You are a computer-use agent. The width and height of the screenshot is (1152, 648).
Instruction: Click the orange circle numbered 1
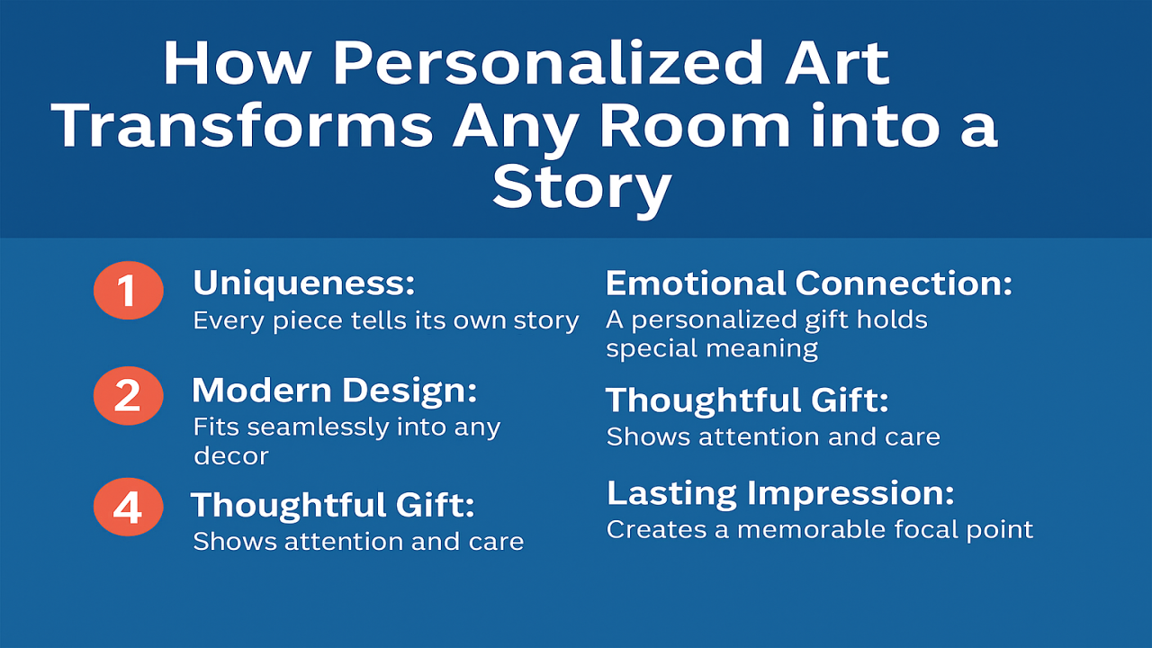(x=128, y=292)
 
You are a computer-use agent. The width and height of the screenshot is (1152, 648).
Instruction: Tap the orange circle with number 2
(x=128, y=396)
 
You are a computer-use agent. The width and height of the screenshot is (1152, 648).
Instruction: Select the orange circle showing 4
(x=128, y=507)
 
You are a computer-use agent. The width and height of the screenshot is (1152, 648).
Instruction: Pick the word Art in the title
(x=837, y=65)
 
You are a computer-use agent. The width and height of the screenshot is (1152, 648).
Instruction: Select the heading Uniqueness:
(x=304, y=284)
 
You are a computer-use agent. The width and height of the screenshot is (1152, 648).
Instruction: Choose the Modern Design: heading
(x=334, y=391)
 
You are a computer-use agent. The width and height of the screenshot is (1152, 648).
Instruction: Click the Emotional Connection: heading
(x=809, y=283)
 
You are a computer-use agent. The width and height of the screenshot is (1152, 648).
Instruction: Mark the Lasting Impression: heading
(x=780, y=493)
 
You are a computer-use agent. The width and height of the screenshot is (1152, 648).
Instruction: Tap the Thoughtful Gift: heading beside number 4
(x=332, y=505)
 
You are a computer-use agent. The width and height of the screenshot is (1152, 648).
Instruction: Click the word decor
(x=230, y=455)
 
